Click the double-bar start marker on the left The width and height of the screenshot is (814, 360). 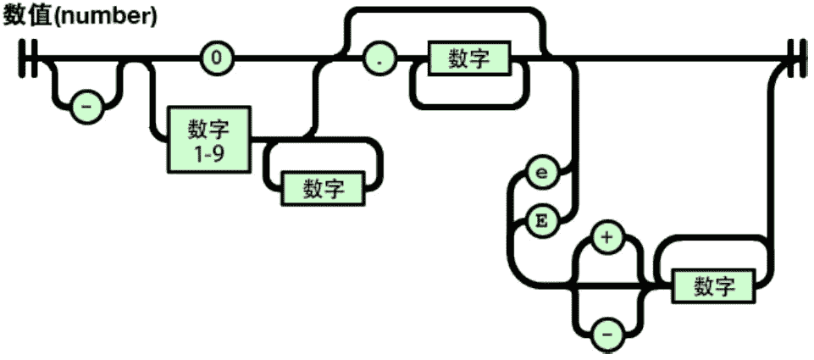point(30,60)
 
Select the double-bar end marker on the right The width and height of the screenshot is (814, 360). point(795,60)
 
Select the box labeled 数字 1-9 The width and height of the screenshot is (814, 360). point(208,139)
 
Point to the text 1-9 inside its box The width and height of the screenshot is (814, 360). point(208,154)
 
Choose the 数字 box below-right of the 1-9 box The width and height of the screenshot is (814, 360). point(324,187)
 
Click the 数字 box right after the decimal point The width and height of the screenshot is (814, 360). point(471,60)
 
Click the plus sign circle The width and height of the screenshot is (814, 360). point(606,240)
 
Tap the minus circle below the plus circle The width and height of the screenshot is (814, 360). point(606,335)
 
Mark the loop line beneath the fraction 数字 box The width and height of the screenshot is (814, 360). point(471,107)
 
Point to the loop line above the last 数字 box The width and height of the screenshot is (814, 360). point(713,241)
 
